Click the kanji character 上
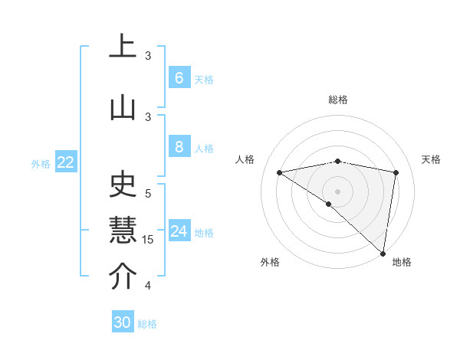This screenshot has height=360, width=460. pos(123,46)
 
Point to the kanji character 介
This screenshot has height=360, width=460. pos(123,277)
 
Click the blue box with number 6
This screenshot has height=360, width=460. pos(179,78)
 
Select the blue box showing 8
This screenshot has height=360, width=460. pos(179,147)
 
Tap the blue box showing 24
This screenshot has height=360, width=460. pos(179,232)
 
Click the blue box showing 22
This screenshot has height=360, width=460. pos(66,162)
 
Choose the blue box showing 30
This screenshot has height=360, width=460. pos(123,322)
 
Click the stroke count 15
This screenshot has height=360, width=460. pos(149,240)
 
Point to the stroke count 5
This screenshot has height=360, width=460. pos(148,193)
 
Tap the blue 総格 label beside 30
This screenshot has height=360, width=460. pos(147,324)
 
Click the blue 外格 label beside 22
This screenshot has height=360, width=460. pos(41,163)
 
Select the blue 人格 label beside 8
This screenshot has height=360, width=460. pos(204,148)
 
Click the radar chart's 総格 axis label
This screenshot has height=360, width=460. pos(338,100)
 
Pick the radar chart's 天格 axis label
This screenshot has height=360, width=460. pos(432,159)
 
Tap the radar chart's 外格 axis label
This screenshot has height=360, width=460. pos(269,263)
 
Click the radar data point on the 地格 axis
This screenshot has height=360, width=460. pos(383,253)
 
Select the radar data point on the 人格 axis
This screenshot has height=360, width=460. pos(280,172)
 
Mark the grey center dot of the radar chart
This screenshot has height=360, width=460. pos(337,191)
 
